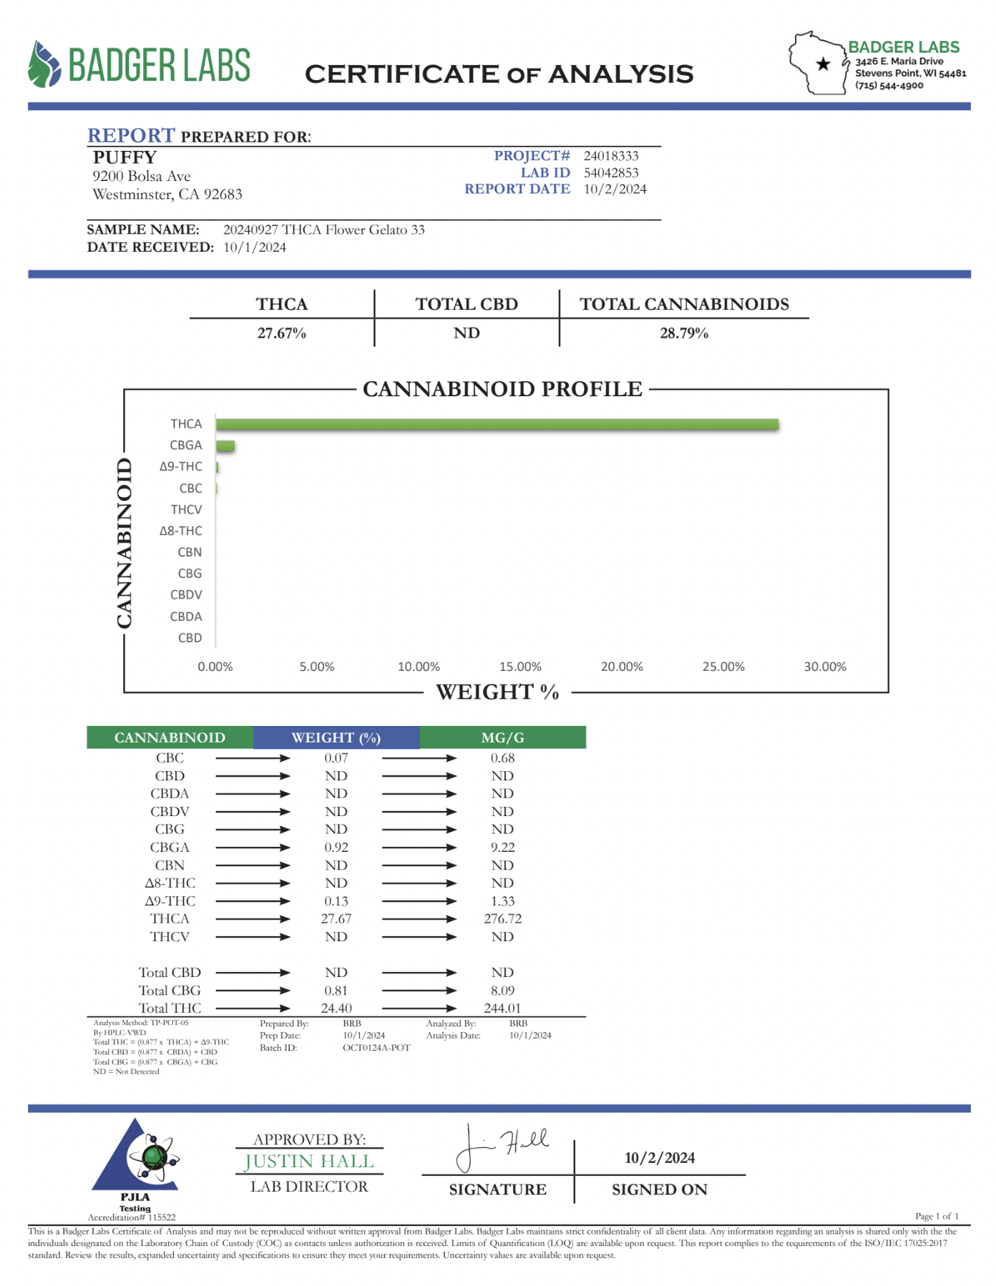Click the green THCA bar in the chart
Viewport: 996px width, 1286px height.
[497, 424]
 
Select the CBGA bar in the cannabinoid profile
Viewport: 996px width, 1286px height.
[225, 446]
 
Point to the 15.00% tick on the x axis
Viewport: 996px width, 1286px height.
[520, 667]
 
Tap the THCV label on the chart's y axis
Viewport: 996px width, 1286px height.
[186, 509]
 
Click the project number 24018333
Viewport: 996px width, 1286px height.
[611, 156]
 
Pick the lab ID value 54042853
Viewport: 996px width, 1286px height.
[611, 172]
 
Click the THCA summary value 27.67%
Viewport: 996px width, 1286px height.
[282, 333]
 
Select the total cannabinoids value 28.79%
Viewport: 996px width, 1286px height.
[684, 333]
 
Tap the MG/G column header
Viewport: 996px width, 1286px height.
[502, 737]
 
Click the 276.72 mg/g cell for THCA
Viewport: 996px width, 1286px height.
[502, 918]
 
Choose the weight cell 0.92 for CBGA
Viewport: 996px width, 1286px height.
[336, 847]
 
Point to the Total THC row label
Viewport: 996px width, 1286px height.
[170, 1008]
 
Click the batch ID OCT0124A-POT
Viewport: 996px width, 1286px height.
[376, 1048]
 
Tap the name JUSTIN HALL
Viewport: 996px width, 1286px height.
[309, 1161]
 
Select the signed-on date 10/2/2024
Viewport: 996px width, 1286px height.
[660, 1157]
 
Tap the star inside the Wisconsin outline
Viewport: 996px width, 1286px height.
[823, 64]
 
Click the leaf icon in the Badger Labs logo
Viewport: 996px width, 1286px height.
[44, 64]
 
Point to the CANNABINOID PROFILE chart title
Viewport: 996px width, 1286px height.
[502, 389]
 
